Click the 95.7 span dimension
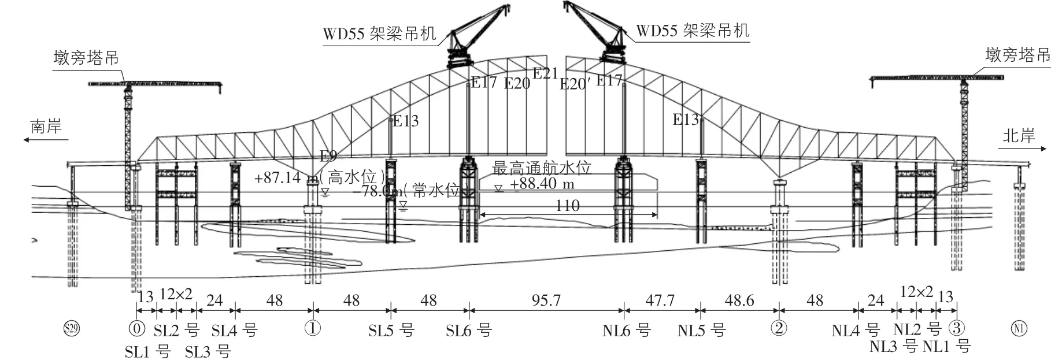pos(546,300)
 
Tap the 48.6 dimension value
pos(739,300)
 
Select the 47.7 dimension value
pos(660,300)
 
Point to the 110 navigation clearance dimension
pos(567,206)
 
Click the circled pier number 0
pos(136,329)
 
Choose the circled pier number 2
pos(779,329)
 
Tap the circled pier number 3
pos(957,329)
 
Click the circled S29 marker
pos(71,329)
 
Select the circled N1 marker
pos(1019,329)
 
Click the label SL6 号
pos(468,331)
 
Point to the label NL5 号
pos(701,331)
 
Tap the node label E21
pos(545,73)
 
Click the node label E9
pos(328,155)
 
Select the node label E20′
pos(575,84)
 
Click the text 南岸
pos(46,127)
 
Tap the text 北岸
pos(1019,136)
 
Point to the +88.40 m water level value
pos(542,184)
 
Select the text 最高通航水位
pos(542,168)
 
